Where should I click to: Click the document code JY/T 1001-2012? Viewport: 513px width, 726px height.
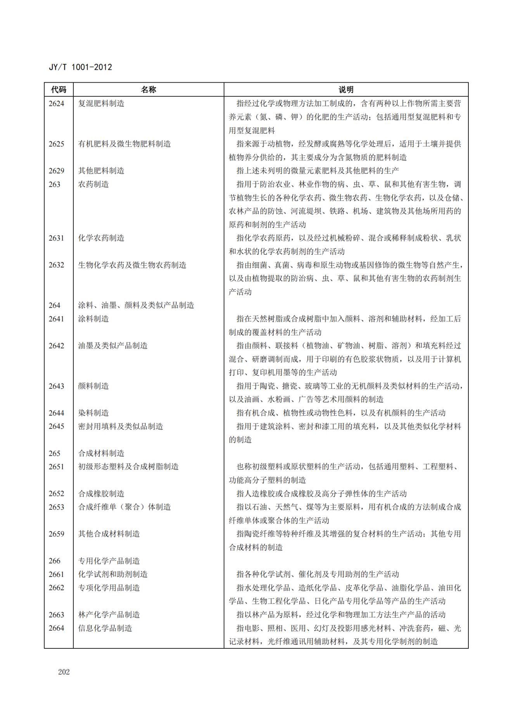(x=80, y=67)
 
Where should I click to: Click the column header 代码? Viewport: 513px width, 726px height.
(x=59, y=90)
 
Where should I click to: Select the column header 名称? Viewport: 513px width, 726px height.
(x=148, y=90)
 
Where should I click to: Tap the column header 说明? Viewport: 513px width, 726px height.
(x=346, y=90)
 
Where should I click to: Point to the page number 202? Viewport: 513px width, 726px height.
(x=64, y=672)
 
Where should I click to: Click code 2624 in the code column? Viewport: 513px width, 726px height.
(x=56, y=104)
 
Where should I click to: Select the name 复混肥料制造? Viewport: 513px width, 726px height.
(x=101, y=104)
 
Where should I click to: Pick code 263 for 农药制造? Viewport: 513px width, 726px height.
(x=55, y=184)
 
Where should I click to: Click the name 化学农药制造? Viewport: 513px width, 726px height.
(x=101, y=238)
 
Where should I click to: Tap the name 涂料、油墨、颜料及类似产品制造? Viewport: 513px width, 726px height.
(x=136, y=305)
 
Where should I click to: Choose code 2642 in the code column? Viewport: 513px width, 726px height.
(x=56, y=346)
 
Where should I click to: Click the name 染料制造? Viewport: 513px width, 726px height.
(x=93, y=413)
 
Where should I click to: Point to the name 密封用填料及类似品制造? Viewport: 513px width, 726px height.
(x=121, y=426)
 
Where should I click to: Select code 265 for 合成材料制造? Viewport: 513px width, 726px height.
(x=55, y=453)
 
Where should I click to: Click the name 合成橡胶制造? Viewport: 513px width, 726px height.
(x=101, y=494)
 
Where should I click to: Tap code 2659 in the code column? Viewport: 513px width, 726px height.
(x=56, y=534)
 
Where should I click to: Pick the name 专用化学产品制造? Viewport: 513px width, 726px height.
(x=109, y=561)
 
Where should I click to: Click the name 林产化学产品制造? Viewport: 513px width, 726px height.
(x=109, y=615)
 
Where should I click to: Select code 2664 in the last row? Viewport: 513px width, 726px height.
(x=56, y=628)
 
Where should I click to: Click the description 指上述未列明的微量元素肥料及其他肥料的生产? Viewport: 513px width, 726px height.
(x=318, y=171)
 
